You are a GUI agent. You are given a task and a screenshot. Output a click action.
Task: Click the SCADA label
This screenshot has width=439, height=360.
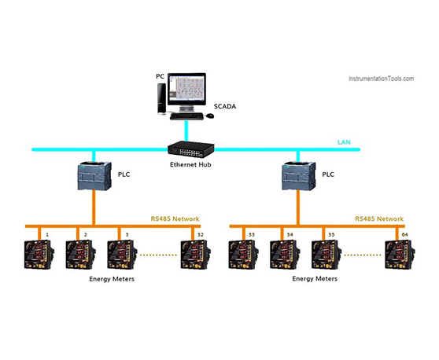pos(225,107)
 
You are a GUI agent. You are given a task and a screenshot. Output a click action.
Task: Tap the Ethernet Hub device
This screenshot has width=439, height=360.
pos(191,149)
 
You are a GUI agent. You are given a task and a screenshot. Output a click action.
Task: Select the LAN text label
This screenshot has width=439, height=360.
pos(344,142)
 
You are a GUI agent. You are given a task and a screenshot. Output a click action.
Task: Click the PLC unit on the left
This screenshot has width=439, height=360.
pos(94,176)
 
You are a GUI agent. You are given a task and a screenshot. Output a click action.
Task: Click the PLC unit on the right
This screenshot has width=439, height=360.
pos(298,176)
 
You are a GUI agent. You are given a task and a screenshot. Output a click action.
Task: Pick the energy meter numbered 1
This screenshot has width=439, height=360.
pos(39,255)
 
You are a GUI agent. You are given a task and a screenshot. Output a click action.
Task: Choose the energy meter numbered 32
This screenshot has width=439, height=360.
pos(196,255)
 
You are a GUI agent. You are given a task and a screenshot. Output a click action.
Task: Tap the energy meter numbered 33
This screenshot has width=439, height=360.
pos(244,255)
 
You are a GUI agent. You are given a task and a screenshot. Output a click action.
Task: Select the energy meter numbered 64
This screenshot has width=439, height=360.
pos(400,255)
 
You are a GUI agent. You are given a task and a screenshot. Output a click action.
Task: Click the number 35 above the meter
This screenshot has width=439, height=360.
pos(331,235)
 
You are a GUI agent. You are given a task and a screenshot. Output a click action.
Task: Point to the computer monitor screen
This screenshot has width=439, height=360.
pos(186,88)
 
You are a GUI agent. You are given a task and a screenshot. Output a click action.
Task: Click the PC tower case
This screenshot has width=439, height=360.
pos(161,99)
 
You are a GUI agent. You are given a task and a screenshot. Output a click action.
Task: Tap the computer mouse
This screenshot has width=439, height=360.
pos(210,116)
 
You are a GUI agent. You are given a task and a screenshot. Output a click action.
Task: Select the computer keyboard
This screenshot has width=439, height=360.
pos(186,116)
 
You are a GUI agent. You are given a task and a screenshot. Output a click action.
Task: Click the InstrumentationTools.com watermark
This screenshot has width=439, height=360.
pos(381,79)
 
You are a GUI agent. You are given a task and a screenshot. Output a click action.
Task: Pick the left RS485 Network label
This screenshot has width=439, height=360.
pos(175,219)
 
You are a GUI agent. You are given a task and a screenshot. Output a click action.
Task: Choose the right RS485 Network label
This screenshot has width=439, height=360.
pos(379,219)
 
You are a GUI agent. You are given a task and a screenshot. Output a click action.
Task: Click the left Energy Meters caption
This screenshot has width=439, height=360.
pos(112,279)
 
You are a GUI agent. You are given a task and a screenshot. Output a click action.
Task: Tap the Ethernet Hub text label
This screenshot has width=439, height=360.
pos(190,164)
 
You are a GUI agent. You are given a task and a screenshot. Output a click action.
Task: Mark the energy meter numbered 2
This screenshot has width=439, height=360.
pos(81,255)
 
